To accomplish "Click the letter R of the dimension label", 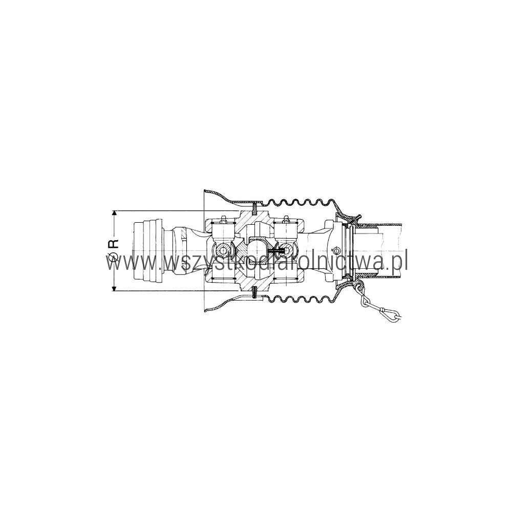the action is click(x=114, y=244).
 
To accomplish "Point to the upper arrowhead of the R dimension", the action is click(x=114, y=213).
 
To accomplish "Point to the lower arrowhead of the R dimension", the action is click(x=114, y=288).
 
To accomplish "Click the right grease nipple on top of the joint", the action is click(x=286, y=219).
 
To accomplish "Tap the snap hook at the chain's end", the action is click(x=391, y=314).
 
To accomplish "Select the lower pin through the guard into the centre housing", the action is click(x=254, y=292).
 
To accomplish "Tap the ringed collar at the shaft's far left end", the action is click(x=147, y=251).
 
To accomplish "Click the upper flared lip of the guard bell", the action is click(x=217, y=197).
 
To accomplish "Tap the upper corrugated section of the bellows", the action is click(x=301, y=202).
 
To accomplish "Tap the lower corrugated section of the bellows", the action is click(x=301, y=298).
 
